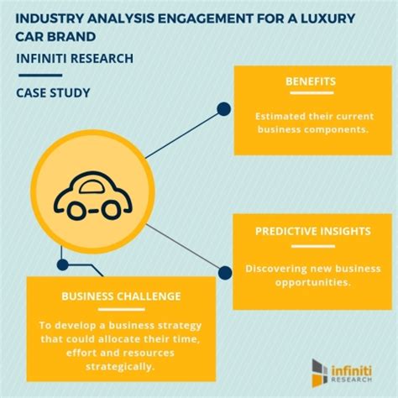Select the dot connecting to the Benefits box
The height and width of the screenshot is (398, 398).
coord(223,108)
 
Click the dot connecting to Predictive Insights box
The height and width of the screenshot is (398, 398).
coord(223,270)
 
